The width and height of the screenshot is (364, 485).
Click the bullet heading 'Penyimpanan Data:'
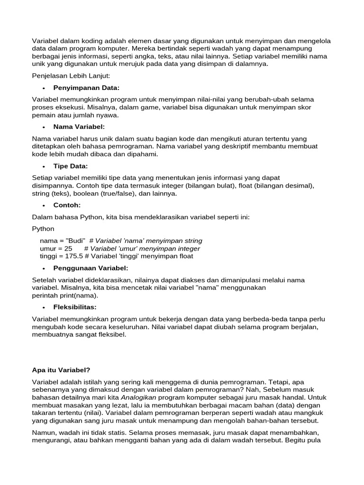click(x=86, y=88)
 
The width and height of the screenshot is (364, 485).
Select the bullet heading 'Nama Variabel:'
click(x=79, y=126)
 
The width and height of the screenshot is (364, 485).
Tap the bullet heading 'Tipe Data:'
click(x=71, y=166)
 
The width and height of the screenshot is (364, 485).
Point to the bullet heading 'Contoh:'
click(x=67, y=205)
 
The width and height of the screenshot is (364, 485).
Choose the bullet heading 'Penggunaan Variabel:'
click(x=91, y=268)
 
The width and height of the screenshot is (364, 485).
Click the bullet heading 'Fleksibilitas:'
click(x=75, y=307)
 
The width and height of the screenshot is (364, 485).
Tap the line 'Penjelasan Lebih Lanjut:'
click(x=71, y=75)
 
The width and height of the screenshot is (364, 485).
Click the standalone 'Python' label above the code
click(x=43, y=229)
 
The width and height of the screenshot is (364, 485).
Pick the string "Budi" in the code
click(x=75, y=241)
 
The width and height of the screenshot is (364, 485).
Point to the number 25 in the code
click(x=68, y=248)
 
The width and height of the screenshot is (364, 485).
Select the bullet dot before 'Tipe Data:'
click(x=43, y=166)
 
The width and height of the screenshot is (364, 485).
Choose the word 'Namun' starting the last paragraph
click(x=44, y=432)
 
